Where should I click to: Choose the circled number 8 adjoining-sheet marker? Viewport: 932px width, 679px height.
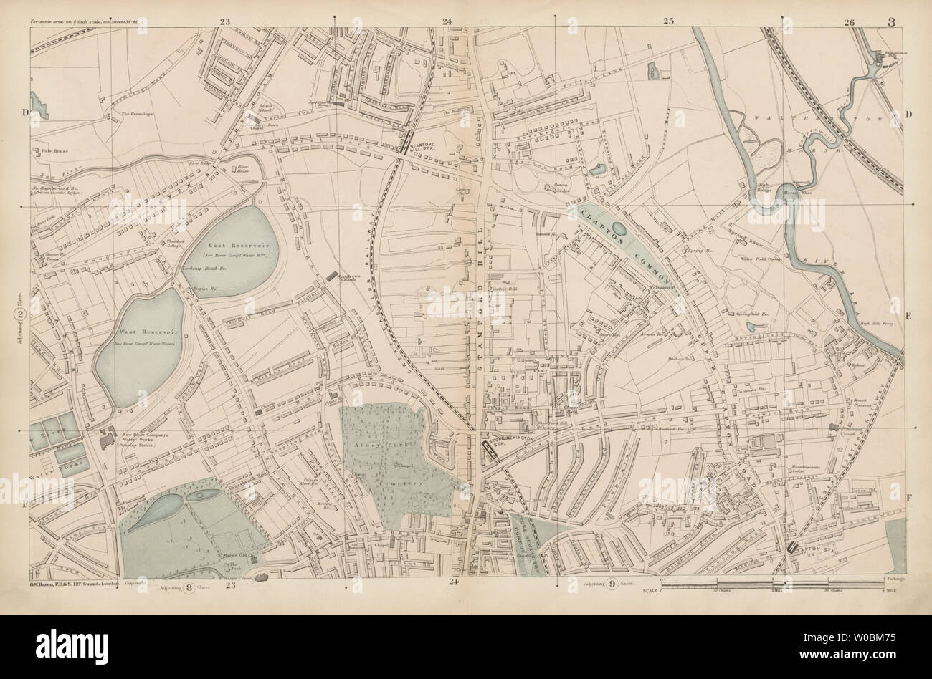189,588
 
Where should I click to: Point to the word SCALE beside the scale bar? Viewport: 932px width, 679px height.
650,589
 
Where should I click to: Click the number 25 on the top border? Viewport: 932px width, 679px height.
668,21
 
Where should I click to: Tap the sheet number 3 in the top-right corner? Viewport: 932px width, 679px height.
890,21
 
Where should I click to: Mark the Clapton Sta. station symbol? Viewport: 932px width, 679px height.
794,548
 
